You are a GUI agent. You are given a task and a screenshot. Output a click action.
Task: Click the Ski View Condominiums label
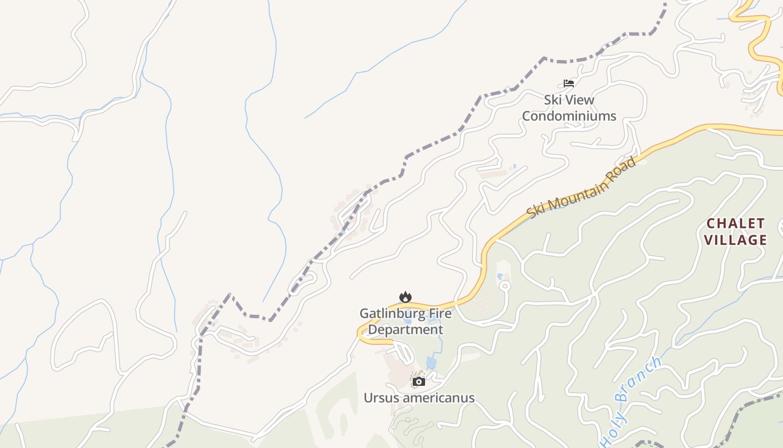(569, 108)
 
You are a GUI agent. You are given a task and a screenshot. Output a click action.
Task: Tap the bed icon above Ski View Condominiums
(569, 83)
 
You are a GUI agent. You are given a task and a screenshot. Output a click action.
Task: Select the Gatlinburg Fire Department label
(405, 321)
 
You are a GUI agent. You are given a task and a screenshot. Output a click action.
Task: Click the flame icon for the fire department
(405, 297)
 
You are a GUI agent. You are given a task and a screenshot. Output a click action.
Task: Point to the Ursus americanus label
(419, 398)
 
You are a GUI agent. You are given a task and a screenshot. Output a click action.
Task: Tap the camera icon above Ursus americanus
(419, 381)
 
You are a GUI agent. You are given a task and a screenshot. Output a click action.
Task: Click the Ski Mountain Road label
(582, 188)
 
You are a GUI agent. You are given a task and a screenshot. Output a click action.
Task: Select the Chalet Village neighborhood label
(735, 232)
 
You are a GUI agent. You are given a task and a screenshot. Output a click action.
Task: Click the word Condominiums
(569, 116)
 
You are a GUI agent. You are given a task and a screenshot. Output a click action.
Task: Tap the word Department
(405, 329)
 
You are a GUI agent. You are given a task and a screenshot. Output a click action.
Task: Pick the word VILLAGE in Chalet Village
(735, 240)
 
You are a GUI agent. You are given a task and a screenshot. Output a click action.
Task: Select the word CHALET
(735, 223)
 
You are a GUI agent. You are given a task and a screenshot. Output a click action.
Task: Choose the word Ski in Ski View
(553, 100)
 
